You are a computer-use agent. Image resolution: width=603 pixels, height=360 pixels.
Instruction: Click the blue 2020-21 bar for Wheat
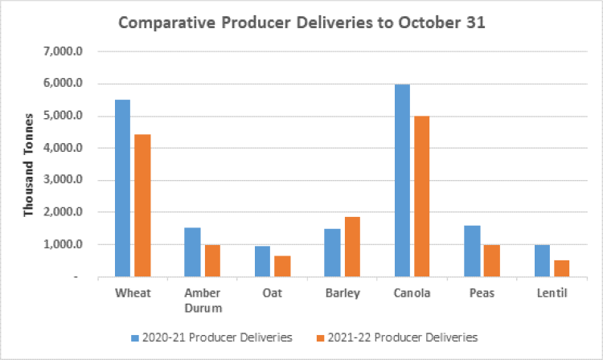point(122,188)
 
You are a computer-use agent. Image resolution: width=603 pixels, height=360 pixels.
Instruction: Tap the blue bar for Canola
point(402,181)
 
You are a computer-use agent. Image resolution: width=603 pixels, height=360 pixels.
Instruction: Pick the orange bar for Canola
point(422,196)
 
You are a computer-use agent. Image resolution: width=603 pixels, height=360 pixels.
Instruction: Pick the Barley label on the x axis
point(342,293)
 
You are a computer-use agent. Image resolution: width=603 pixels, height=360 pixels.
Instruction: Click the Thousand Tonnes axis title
point(29,165)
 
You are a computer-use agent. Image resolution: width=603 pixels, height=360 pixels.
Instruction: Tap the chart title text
point(301,22)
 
